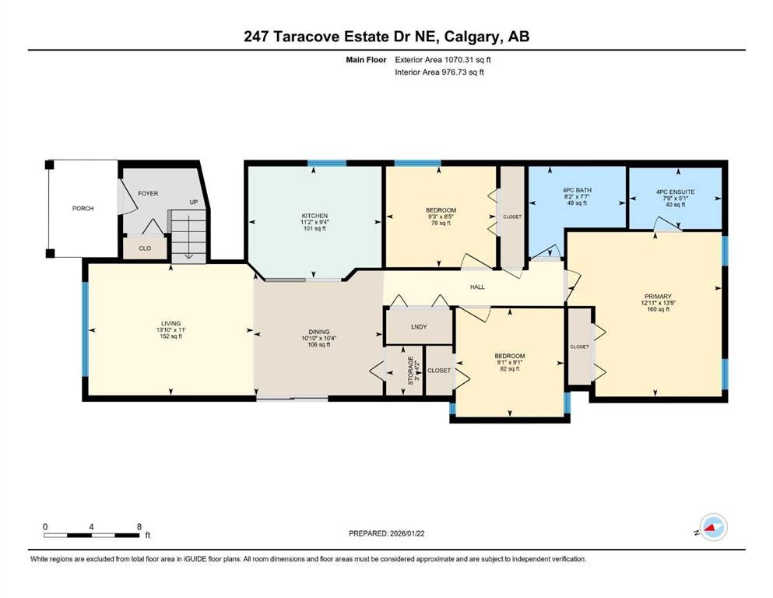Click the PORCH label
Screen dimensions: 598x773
pyautogui.click(x=83, y=208)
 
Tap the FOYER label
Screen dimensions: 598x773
pyautogui.click(x=149, y=193)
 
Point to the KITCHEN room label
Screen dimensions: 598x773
pyautogui.click(x=314, y=216)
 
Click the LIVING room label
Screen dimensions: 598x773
pyautogui.click(x=170, y=323)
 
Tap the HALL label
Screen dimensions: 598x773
pyautogui.click(x=477, y=287)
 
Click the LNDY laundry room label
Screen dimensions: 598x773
pyautogui.click(x=419, y=326)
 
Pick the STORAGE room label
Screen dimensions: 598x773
pyautogui.click(x=410, y=371)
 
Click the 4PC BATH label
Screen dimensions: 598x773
pyautogui.click(x=577, y=191)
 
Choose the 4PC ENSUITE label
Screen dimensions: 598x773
pyautogui.click(x=675, y=191)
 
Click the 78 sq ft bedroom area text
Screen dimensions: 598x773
pyautogui.click(x=441, y=223)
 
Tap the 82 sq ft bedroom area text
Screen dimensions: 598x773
pyautogui.click(x=509, y=369)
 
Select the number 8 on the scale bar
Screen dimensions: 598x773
pyautogui.click(x=139, y=527)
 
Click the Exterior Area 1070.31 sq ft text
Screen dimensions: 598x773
pyautogui.click(x=443, y=59)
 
